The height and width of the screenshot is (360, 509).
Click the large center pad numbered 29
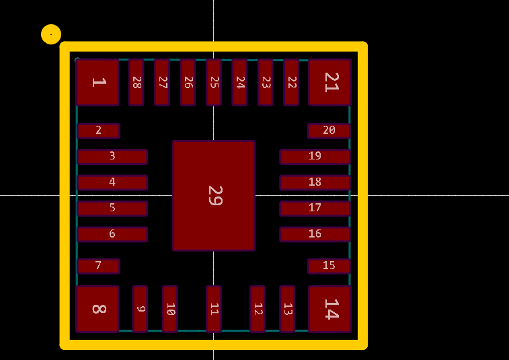pyautogui.click(x=214, y=195)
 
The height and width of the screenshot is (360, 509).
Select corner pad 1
pyautogui.click(x=97, y=82)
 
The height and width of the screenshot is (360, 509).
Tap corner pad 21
pyautogui.click(x=330, y=82)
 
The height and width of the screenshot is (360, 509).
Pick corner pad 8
pyautogui.click(x=97, y=309)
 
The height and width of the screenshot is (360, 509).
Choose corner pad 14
pyautogui.click(x=330, y=309)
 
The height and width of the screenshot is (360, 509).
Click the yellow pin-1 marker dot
pyautogui.click(x=51, y=34)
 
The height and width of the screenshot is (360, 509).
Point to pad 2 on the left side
pyautogui.click(x=98, y=131)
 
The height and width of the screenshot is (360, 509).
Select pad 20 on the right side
pyautogui.click(x=329, y=131)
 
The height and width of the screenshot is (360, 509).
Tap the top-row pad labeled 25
pyautogui.click(x=214, y=82)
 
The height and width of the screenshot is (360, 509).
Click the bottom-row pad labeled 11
pyautogui.click(x=214, y=309)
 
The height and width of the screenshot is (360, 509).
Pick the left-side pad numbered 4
pyautogui.click(x=112, y=182)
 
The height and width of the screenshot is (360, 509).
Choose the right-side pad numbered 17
pyautogui.click(x=315, y=208)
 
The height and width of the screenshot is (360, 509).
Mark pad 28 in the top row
pyautogui.click(x=136, y=82)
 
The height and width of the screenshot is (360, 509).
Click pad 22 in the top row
pyautogui.click(x=291, y=82)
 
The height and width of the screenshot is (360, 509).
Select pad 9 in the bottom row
pyautogui.click(x=140, y=309)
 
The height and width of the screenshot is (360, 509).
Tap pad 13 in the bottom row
pyautogui.click(x=287, y=309)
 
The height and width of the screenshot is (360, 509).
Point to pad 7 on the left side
pyautogui.click(x=98, y=266)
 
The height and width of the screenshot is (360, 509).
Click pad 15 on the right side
pyautogui.click(x=329, y=266)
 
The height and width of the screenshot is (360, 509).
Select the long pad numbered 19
pyautogui.click(x=315, y=157)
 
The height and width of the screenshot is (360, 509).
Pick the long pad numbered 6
pyautogui.click(x=112, y=234)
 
